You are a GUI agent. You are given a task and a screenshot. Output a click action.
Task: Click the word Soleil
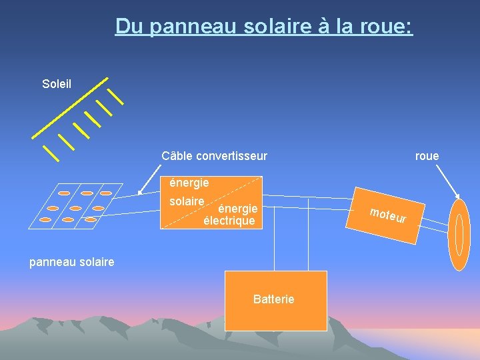click(x=57, y=84)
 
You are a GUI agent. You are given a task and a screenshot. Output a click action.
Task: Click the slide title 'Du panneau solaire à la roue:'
click(x=264, y=26)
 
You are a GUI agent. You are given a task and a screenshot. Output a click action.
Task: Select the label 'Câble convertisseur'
click(x=214, y=156)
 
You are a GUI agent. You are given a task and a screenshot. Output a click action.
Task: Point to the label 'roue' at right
click(x=427, y=156)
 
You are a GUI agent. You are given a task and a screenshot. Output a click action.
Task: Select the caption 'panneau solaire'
click(x=72, y=262)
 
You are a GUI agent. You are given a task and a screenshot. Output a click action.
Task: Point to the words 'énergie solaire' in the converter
click(x=188, y=191)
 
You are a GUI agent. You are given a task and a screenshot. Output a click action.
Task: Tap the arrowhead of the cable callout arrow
click(x=141, y=192)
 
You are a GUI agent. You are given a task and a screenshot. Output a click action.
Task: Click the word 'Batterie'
click(x=273, y=299)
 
